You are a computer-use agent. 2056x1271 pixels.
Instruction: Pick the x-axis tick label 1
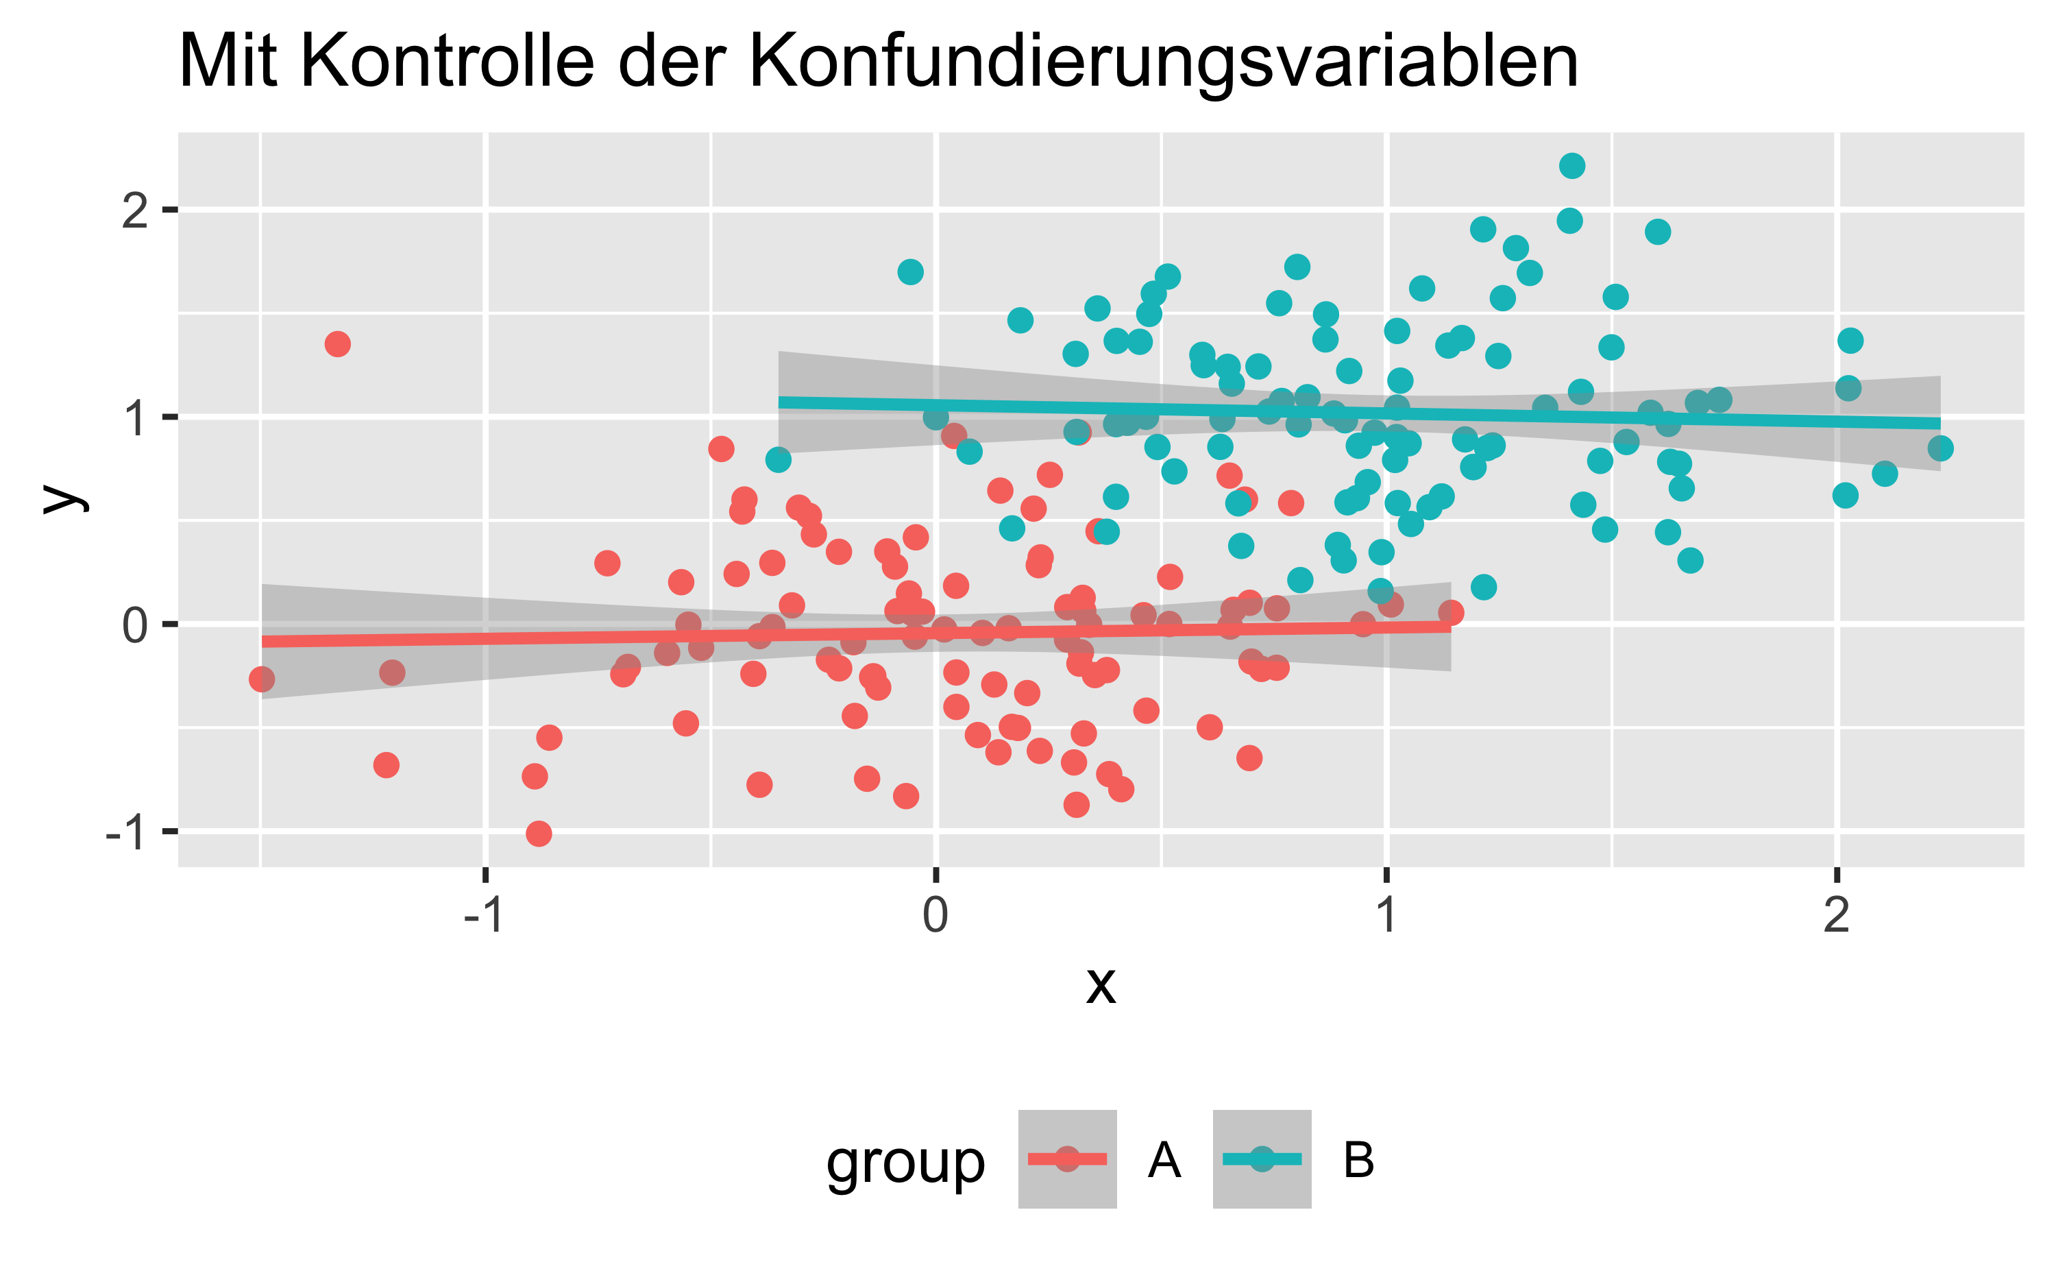coord(1386,915)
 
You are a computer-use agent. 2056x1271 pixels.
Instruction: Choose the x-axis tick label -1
coord(484,915)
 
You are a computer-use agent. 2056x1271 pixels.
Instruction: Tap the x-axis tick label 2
coord(1837,915)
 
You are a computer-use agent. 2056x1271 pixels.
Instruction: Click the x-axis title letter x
coord(1101,985)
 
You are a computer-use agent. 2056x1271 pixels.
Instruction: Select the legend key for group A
coord(1067,1159)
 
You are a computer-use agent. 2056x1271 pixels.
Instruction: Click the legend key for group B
coord(1262,1159)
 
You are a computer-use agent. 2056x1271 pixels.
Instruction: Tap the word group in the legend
coord(905,1164)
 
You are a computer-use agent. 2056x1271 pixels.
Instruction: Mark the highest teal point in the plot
coord(1572,166)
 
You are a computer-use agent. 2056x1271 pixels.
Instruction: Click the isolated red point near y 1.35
coord(338,344)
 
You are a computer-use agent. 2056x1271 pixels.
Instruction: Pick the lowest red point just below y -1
coord(539,834)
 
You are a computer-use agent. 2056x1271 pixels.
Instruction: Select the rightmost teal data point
coord(1940,448)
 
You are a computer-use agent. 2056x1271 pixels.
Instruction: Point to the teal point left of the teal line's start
coord(778,460)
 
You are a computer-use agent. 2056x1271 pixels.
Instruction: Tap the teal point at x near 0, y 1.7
coord(911,271)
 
